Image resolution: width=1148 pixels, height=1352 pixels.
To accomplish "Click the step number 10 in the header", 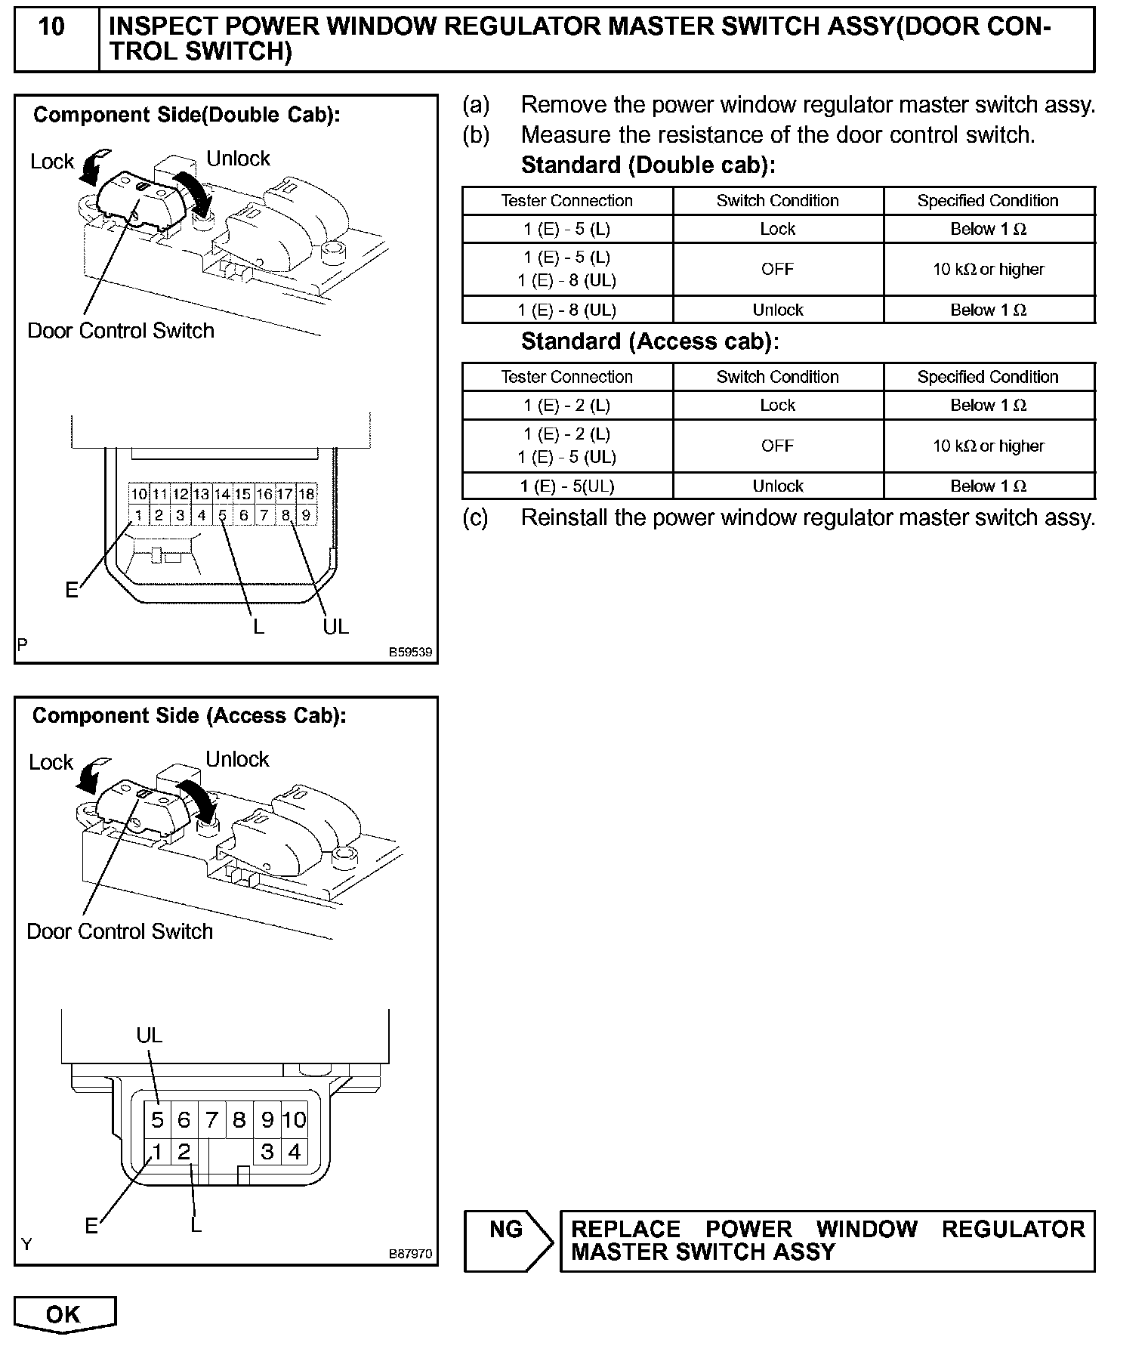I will [x=51, y=27].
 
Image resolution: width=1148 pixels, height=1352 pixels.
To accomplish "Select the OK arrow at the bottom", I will [x=64, y=1314].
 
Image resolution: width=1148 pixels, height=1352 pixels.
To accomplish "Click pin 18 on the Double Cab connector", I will [x=307, y=494].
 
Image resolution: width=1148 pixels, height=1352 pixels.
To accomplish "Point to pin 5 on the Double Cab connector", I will [x=223, y=516].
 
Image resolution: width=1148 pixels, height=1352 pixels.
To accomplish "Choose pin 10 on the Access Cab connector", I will [x=295, y=1119].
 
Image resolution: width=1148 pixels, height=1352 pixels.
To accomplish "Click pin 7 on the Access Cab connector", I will [x=211, y=1119].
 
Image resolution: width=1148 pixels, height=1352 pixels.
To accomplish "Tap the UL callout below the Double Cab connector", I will [x=336, y=626].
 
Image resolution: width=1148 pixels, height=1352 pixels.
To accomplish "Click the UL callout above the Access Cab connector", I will [x=150, y=1035].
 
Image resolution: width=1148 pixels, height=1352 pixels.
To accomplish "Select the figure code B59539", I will [x=411, y=652].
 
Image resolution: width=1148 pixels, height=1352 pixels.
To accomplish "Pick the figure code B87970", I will [x=411, y=1253].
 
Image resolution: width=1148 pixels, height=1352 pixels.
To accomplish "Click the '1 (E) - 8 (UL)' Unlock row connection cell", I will [x=566, y=310].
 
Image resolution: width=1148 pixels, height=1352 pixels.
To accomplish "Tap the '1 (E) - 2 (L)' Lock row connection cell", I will [x=566, y=406].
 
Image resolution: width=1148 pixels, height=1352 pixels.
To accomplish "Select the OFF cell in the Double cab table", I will [x=777, y=269].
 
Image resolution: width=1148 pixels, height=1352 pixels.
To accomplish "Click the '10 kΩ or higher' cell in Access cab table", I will [x=988, y=446].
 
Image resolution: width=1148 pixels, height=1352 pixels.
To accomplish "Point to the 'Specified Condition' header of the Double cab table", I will [x=988, y=201].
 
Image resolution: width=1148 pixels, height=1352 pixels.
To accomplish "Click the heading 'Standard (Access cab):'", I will [x=650, y=341].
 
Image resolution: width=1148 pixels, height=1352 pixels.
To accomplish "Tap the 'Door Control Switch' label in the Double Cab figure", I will [x=121, y=331].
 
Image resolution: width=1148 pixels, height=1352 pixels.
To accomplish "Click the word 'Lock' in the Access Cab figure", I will [x=51, y=762].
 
